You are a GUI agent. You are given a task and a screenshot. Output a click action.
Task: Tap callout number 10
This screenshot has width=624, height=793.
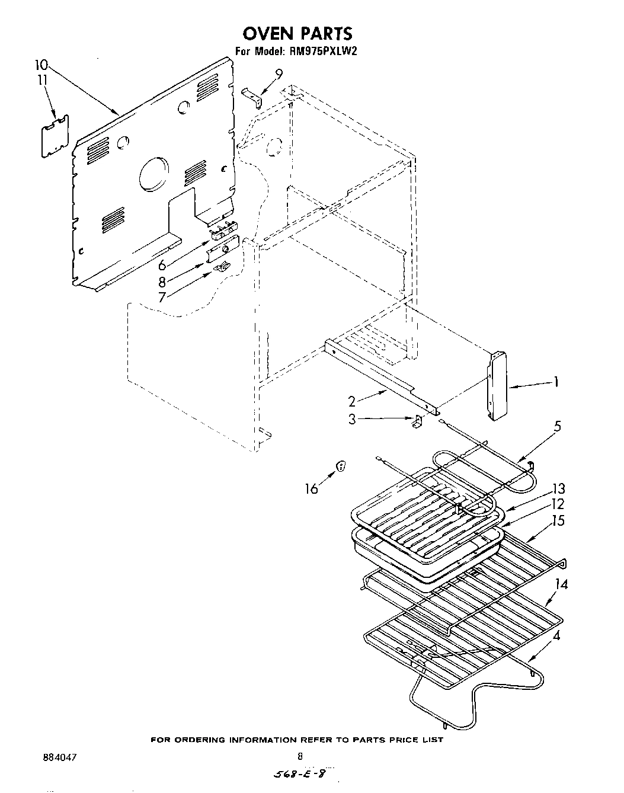[x=42, y=65]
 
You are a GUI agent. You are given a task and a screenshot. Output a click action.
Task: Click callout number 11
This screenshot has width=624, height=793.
[x=42, y=80]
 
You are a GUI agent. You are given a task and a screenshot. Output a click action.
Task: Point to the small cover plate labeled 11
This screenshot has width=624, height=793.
[x=55, y=136]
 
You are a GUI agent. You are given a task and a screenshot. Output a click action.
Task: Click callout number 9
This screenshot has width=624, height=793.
[x=279, y=73]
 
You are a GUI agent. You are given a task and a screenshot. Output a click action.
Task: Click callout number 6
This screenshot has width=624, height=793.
[x=162, y=265]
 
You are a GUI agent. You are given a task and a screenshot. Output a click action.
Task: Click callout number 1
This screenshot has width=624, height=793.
[x=555, y=382]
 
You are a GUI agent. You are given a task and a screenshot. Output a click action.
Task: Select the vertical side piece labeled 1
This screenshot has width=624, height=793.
[x=497, y=385]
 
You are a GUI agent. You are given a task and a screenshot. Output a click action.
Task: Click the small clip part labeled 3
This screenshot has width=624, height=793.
[x=417, y=422]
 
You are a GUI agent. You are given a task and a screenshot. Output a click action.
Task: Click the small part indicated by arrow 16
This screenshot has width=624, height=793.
[x=341, y=466]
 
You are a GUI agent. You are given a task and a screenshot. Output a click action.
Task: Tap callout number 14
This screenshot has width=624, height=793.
[x=561, y=584]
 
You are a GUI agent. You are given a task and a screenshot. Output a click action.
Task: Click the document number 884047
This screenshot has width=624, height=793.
[x=60, y=757]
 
